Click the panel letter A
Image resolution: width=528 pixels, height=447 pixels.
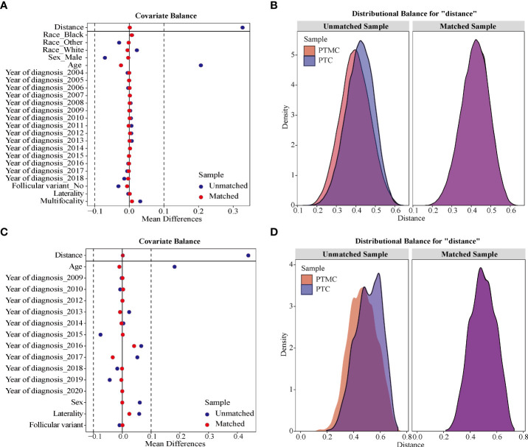tap(5, 7)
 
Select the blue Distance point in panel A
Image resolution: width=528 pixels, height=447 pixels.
tap(243, 27)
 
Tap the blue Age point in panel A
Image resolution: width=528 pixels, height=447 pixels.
tap(201, 66)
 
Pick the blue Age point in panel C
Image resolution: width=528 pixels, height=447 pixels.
tap(175, 267)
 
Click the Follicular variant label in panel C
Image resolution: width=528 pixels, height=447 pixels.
tap(53, 425)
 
